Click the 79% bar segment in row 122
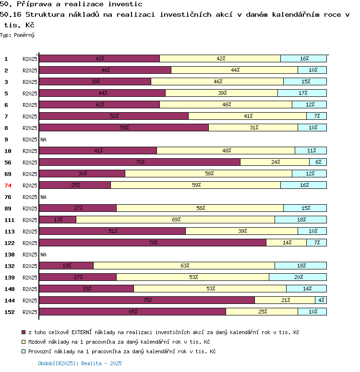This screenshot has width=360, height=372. point(153,243)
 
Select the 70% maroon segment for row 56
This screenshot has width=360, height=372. point(140,162)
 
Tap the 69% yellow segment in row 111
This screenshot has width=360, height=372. point(175,220)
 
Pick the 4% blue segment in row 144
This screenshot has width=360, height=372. point(321,300)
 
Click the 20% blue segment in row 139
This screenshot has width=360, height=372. point(298,277)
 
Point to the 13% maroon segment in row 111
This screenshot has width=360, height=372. point(58,220)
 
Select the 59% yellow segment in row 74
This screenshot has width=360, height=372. point(195,185)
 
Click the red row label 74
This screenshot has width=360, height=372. point(8,186)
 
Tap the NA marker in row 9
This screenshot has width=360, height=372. point(43,139)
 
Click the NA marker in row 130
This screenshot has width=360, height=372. point(43,255)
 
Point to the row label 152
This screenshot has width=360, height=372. point(10,312)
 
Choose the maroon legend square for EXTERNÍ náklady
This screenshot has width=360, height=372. point(24,332)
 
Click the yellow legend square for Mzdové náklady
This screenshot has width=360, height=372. point(24,342)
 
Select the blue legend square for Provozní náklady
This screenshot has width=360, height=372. point(24,351)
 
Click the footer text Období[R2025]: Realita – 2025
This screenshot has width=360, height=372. point(80,363)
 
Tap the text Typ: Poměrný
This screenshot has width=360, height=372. point(17,35)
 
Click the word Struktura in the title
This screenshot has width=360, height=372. point(45,15)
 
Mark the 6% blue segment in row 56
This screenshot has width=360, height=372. point(318,162)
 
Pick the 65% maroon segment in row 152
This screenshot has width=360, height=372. point(132,312)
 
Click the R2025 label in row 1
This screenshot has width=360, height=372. point(30,59)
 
